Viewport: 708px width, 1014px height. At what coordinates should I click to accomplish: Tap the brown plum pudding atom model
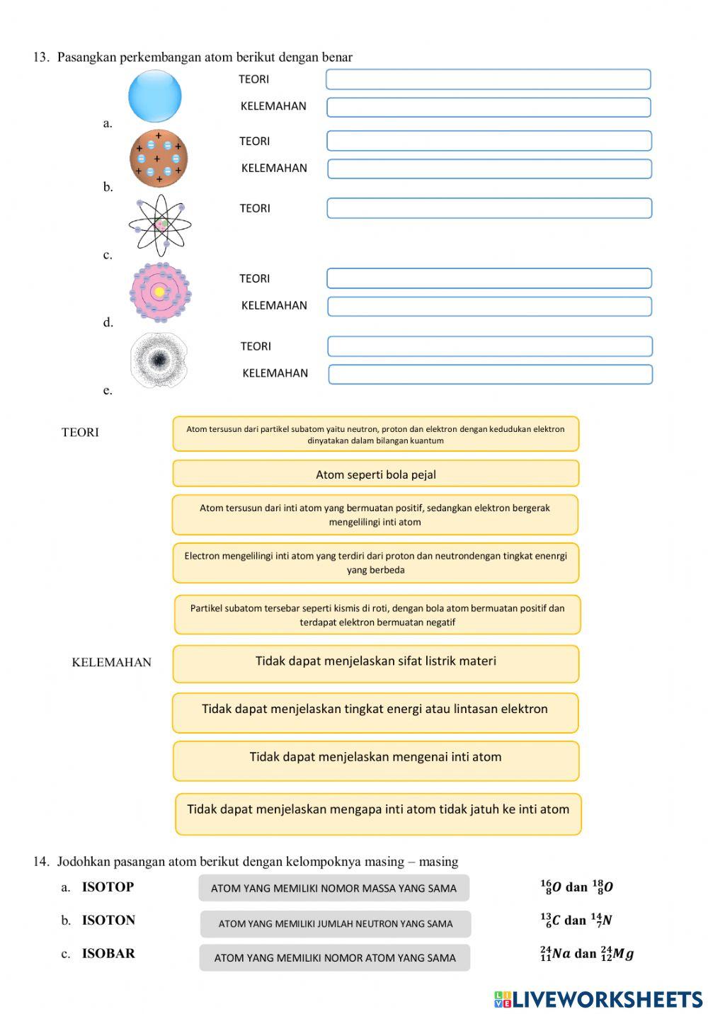(159, 158)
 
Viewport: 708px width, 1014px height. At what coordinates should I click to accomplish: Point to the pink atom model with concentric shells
(161, 292)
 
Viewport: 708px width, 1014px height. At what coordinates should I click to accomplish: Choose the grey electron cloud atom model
(159, 360)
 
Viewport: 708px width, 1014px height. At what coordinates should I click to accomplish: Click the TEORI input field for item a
(488, 79)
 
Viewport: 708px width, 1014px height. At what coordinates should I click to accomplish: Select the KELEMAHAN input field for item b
(489, 169)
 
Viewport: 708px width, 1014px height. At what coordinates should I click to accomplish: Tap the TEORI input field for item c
(489, 208)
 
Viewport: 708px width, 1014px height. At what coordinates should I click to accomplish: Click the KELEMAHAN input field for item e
(490, 374)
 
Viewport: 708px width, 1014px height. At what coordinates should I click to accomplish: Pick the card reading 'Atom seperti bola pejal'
(375, 474)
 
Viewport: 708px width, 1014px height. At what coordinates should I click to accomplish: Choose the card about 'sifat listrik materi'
(375, 663)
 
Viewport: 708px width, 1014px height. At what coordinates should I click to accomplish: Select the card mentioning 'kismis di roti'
(377, 615)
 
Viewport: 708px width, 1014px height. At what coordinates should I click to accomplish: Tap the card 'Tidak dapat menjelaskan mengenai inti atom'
(375, 760)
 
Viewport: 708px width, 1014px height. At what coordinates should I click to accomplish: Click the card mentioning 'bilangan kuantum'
(375, 433)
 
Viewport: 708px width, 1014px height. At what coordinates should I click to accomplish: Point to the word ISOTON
(108, 920)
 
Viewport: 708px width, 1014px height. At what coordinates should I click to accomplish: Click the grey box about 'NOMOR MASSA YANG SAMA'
(333, 888)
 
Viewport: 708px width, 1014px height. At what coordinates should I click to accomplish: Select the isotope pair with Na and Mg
(586, 954)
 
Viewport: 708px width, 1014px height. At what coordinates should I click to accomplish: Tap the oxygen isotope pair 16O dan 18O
(576, 887)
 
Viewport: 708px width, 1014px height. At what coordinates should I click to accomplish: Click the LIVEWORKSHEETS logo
(598, 999)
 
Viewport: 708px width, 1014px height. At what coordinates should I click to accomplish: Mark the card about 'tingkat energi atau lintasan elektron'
(375, 712)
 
